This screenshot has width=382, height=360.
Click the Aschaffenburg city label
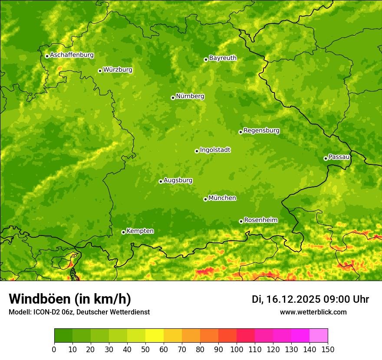tap(72, 55)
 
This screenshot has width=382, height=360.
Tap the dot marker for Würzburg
tap(100, 71)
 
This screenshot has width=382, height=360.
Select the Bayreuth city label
tap(223, 58)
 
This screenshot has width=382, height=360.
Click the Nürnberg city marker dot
tap(173, 98)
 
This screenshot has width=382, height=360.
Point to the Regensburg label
tap(261, 131)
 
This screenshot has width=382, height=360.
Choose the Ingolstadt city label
tap(215, 150)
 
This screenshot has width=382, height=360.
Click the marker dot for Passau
tap(326, 158)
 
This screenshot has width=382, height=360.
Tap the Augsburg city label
tap(178, 180)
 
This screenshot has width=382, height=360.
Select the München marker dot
tap(205, 199)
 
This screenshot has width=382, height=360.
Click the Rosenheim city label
tap(260, 220)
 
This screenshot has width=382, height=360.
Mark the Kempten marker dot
tap(123, 232)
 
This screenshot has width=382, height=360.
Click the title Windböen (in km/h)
tap(70, 299)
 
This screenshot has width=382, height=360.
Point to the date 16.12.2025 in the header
tap(293, 299)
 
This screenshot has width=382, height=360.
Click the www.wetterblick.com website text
tap(313, 312)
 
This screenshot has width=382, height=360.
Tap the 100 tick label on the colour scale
tap(237, 349)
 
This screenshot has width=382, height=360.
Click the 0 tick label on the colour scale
tap(54, 349)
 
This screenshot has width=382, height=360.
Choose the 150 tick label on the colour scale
tap(328, 349)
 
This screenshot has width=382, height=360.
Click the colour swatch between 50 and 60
tap(155, 336)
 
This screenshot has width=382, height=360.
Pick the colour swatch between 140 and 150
tap(319, 336)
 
